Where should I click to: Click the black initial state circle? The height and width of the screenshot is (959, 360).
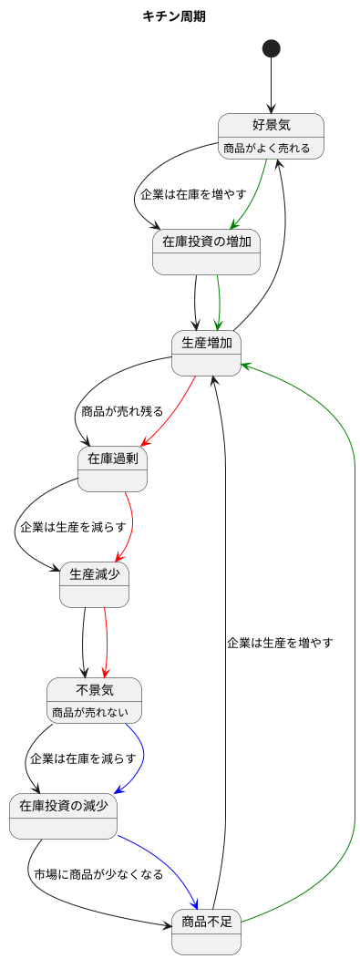coord(271,46)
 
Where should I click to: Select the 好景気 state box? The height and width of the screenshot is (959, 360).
coord(271,135)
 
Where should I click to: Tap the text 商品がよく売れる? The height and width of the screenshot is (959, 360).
coord(267,148)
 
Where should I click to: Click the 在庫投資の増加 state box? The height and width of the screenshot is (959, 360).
coord(207,251)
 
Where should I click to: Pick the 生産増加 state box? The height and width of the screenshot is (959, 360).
coord(206,352)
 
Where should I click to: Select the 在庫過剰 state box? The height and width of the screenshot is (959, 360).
coord(112,469)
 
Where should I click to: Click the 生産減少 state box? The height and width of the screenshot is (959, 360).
coord(94,584)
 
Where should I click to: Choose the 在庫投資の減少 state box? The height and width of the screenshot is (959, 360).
coord(63,816)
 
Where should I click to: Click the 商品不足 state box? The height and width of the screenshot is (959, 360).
coord(206,931)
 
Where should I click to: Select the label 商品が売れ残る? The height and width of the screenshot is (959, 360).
coord(122,411)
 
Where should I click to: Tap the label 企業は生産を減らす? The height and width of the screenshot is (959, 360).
coord(73,527)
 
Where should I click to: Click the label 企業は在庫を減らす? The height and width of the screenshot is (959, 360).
coord(83,758)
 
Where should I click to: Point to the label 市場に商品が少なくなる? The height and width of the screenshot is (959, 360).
coord(98,873)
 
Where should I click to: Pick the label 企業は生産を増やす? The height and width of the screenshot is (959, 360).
coord(280,642)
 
